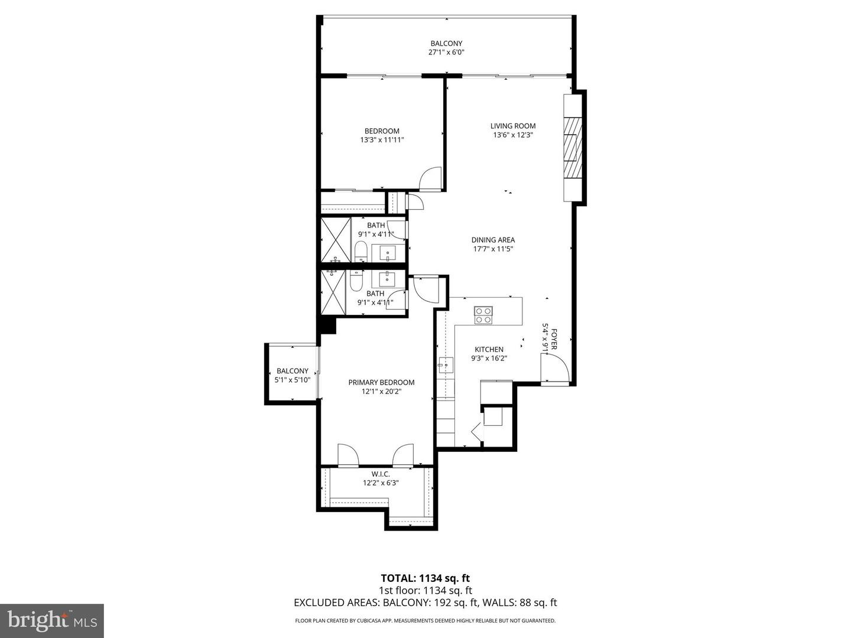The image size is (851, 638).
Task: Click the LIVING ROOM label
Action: [512, 126]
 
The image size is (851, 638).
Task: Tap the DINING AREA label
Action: [493, 240]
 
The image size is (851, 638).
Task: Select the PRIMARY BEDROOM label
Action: [381, 382]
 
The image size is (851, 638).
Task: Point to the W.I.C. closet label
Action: [381, 474]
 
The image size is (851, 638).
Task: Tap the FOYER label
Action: [554, 337]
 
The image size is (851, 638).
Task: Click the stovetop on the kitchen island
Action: [483, 315]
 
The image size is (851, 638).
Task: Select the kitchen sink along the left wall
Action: [445, 366]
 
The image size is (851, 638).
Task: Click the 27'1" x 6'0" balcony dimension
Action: [446, 53]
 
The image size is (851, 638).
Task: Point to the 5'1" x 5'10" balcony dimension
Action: [293, 380]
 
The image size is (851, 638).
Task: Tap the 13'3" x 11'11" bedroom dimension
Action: [382, 140]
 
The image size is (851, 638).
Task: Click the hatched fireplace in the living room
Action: [571, 148]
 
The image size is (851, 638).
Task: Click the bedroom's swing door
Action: [430, 178]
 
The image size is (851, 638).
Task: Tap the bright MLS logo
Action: [52, 620]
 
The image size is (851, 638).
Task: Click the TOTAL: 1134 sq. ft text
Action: [425, 578]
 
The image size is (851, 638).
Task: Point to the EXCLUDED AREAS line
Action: [425, 603]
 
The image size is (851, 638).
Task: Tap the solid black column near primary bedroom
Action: [327, 325]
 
